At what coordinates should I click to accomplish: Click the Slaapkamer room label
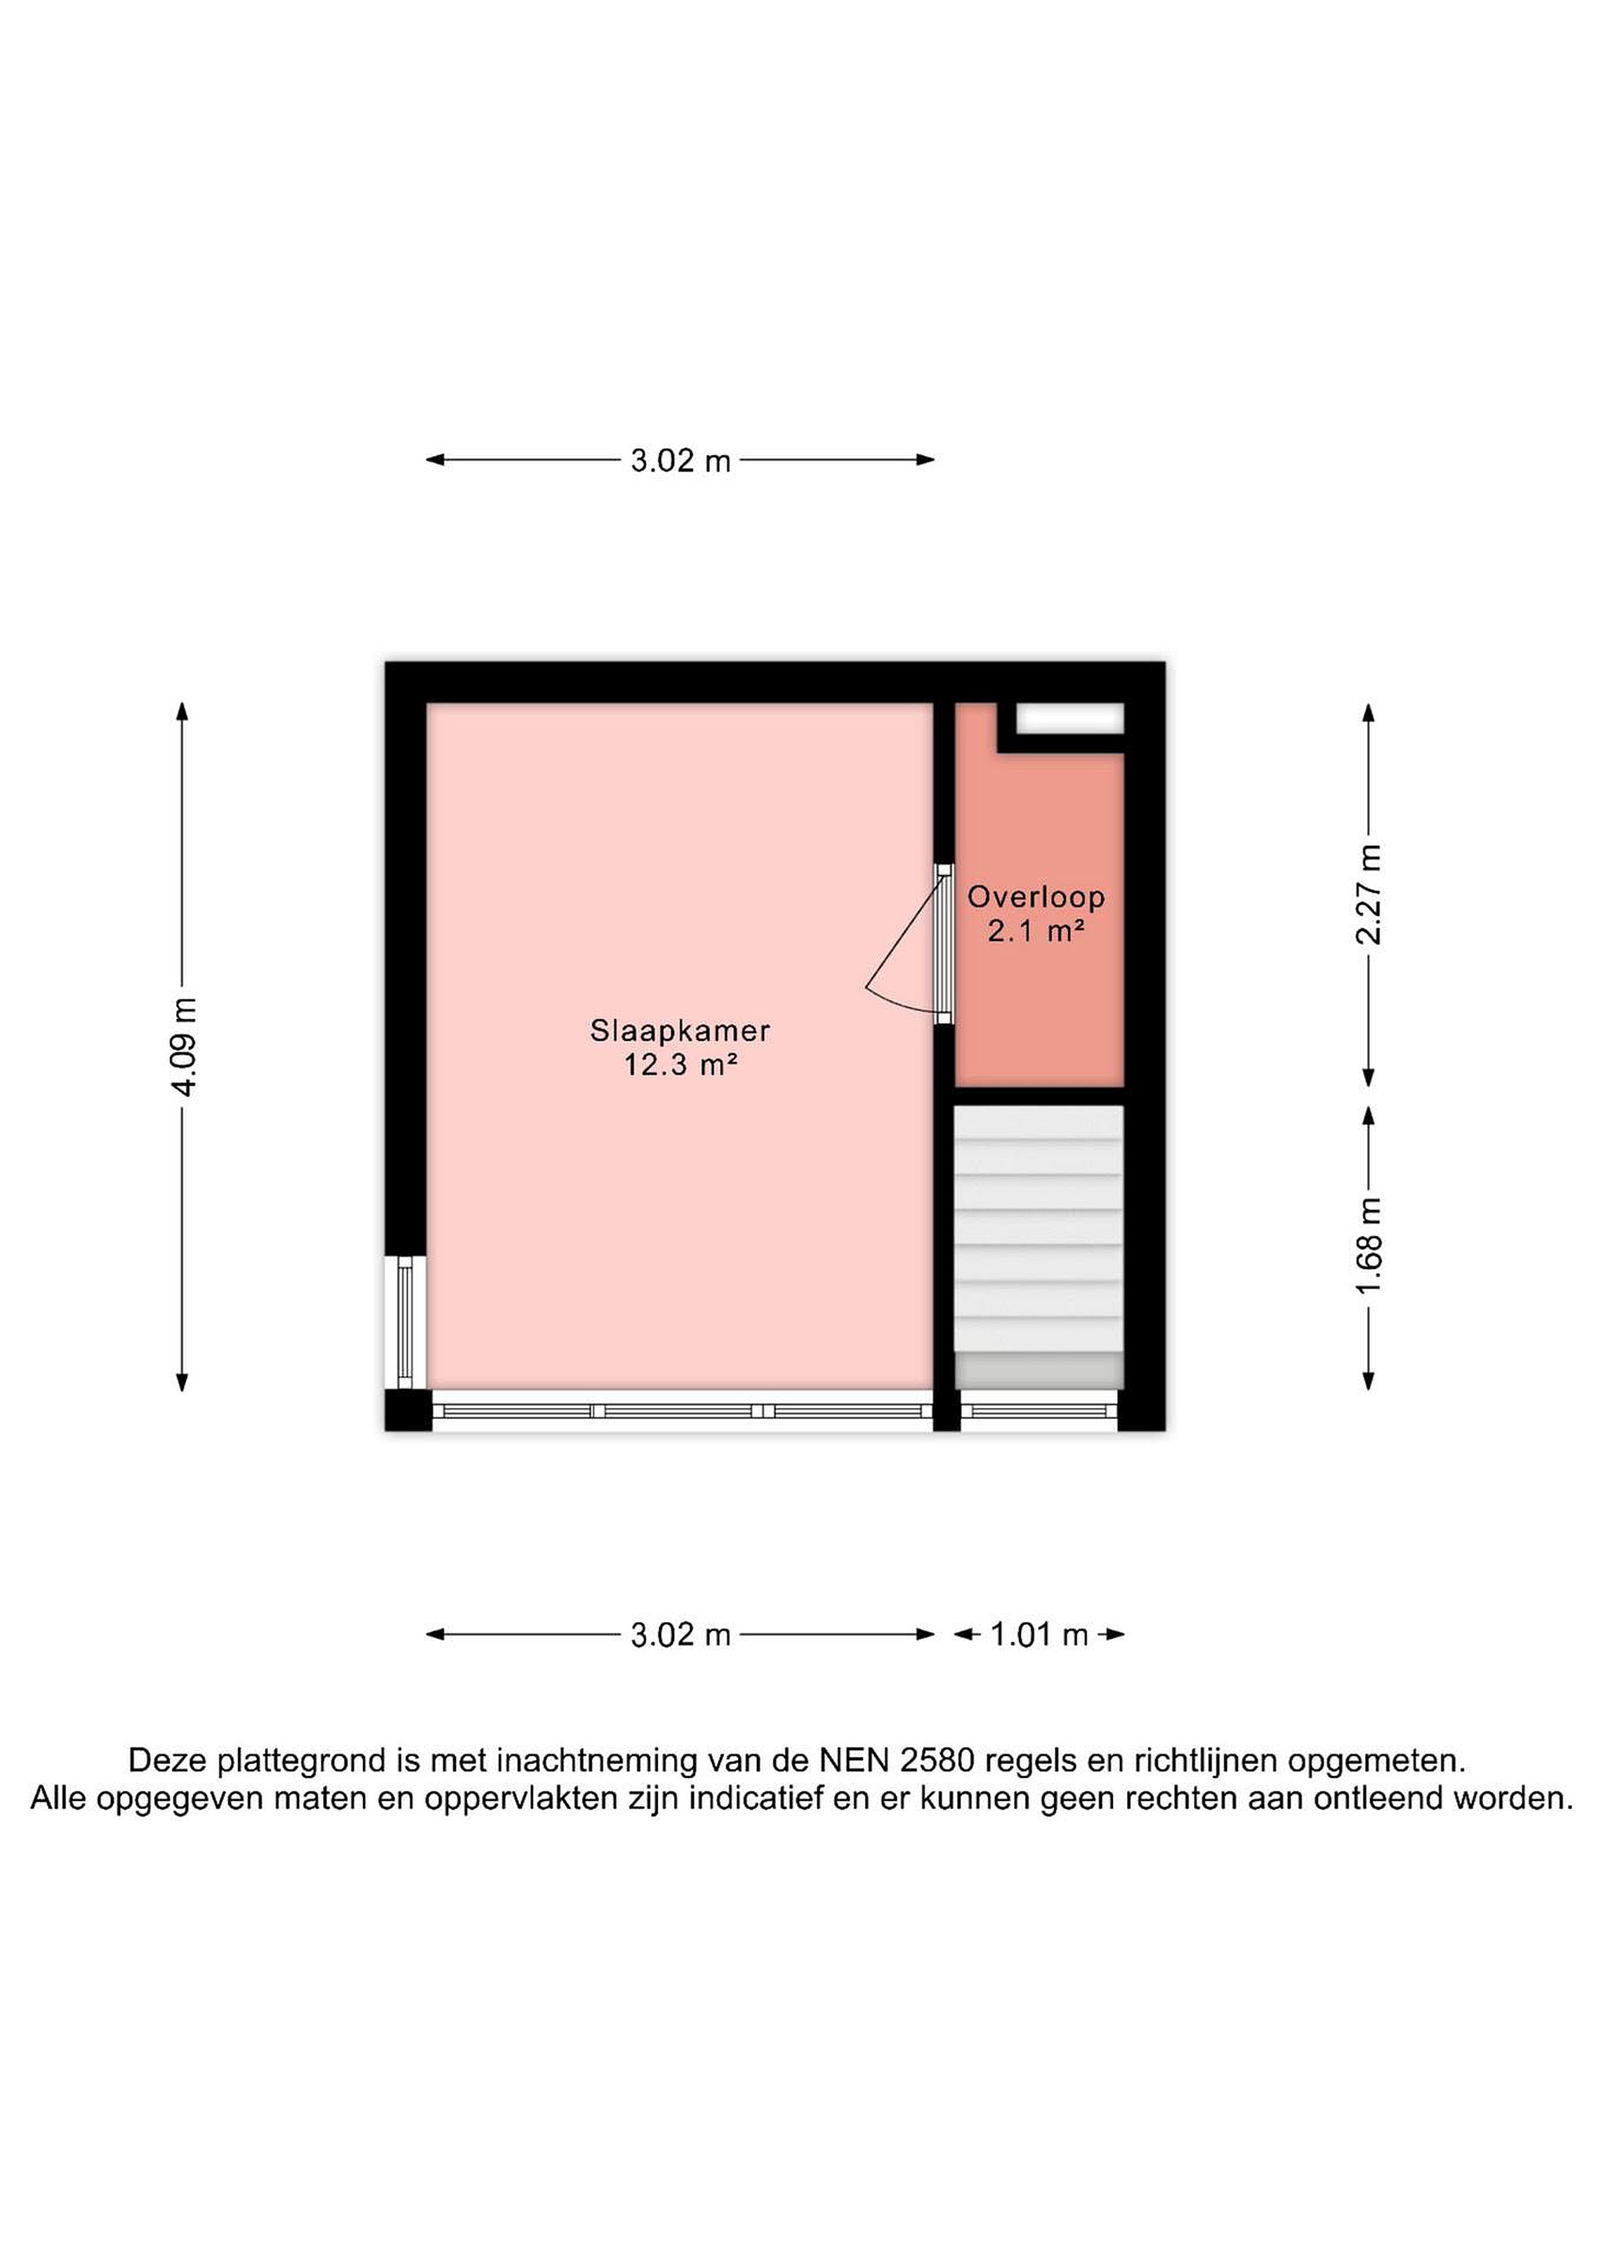pos(679,1031)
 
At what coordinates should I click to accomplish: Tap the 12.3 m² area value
pos(680,1065)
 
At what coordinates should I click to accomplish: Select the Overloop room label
pos(1035,896)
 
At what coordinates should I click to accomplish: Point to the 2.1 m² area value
pos(1036,930)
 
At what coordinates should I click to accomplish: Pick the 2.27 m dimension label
pos(1368,895)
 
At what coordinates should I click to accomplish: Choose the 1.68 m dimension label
pos(1368,1247)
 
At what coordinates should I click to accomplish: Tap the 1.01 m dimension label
pos(1039,1635)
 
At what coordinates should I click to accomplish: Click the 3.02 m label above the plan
pos(680,461)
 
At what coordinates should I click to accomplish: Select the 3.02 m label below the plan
pos(680,1635)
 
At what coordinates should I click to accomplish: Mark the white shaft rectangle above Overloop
pos(1070,718)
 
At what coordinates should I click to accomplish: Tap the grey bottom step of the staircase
pos(1039,1369)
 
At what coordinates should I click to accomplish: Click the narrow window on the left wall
pos(404,1322)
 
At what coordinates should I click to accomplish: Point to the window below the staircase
pos(1039,1411)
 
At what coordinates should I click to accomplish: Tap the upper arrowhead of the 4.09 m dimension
pos(182,711)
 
